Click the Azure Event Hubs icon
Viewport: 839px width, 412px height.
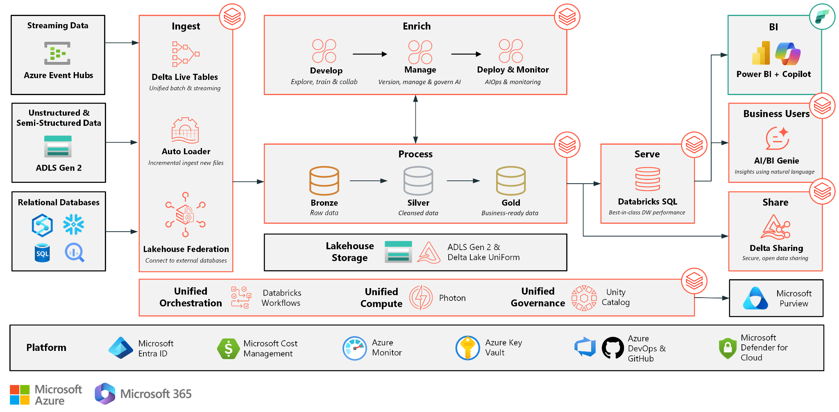point(57,53)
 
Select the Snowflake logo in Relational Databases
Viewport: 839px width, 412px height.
point(74,224)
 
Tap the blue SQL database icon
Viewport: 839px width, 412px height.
point(42,253)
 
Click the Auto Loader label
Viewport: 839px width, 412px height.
point(186,151)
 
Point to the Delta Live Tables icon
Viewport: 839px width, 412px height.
point(186,54)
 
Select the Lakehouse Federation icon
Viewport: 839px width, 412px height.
point(186,214)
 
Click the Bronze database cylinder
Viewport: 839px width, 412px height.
point(324,180)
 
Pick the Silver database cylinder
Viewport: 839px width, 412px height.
point(418,180)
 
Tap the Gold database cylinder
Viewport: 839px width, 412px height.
point(510,180)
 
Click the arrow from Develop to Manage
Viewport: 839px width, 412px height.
point(370,54)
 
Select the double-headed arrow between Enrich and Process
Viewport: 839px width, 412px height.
point(415,119)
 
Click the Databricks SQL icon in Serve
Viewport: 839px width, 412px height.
point(647,179)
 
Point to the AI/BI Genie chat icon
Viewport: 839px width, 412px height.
point(777,139)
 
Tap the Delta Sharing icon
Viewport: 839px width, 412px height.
point(775,227)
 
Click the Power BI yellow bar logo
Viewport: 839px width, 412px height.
point(761,54)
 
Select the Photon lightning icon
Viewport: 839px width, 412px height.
point(421,298)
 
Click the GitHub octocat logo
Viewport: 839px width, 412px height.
point(613,348)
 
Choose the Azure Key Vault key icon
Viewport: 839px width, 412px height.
point(467,348)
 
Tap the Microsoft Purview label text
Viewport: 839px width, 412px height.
point(794,298)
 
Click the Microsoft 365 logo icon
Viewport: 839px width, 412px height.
point(105,394)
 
